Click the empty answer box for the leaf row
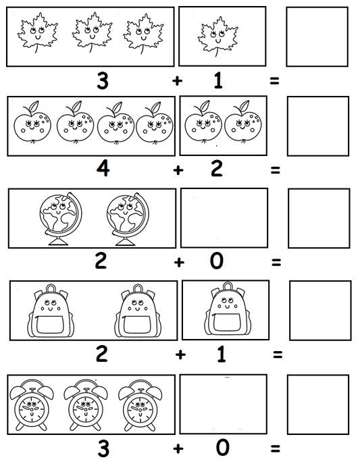pyautogui.click(x=317, y=36)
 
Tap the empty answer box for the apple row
pyautogui.click(x=317, y=126)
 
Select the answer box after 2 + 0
pyautogui.click(x=319, y=218)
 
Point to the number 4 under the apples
pyautogui.click(x=103, y=168)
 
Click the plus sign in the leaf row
pyautogui.click(x=178, y=81)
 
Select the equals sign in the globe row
pyautogui.click(x=275, y=262)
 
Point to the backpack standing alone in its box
pyautogui.click(x=225, y=311)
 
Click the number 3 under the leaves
pyautogui.click(x=103, y=80)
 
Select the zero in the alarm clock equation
pyautogui.click(x=223, y=448)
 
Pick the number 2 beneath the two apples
pyautogui.click(x=216, y=168)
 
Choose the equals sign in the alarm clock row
pyautogui.click(x=275, y=448)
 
